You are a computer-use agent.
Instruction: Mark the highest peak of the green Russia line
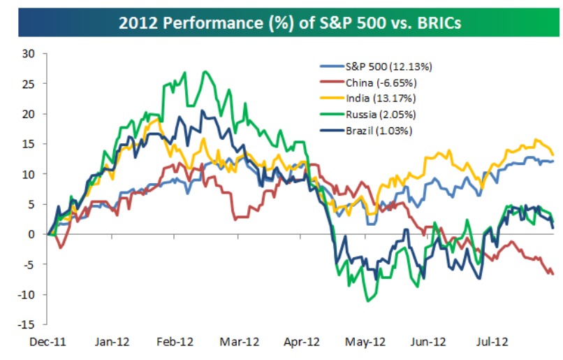[x=205, y=71]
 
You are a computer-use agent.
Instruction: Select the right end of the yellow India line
[x=553, y=154]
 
